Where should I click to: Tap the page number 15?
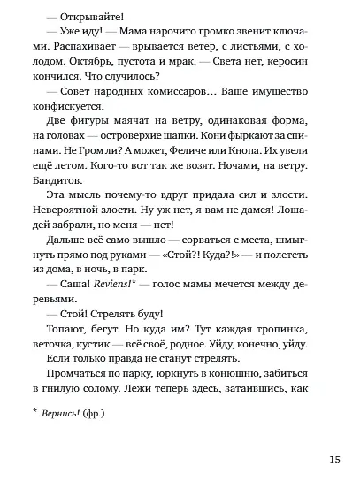coord(333,460)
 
